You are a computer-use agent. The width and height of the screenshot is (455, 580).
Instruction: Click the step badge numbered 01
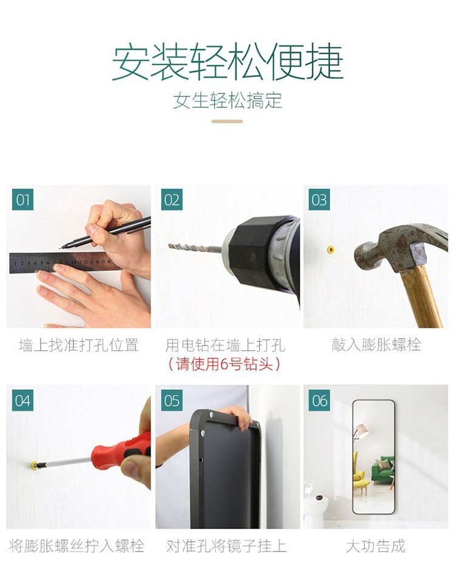pos(22,200)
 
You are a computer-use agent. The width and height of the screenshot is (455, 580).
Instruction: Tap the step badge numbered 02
pos(172,200)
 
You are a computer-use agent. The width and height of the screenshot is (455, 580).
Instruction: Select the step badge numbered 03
pos(319,200)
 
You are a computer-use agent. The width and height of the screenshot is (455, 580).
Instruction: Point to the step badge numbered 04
pos(22,400)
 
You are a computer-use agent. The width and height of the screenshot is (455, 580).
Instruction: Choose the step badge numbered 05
pos(172,400)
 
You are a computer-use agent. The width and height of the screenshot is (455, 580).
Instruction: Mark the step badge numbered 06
pos(320,400)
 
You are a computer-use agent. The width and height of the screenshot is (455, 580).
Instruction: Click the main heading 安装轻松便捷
pos(227,62)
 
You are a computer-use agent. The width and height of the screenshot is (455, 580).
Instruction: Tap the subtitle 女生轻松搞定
pos(227,101)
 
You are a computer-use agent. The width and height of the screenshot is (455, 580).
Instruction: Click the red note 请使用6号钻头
pos(224,364)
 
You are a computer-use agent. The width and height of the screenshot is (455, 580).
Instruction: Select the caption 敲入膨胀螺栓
pos(376,344)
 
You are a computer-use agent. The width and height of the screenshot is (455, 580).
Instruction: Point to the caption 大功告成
pos(376,546)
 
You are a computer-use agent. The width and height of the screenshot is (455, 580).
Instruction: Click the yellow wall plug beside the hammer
pos(331,250)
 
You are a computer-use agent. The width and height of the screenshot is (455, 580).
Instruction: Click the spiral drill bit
pos(195,247)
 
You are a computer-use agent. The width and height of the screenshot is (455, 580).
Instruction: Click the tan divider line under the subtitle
pos(227,121)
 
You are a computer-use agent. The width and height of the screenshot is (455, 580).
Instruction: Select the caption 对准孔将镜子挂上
pos(226,546)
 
